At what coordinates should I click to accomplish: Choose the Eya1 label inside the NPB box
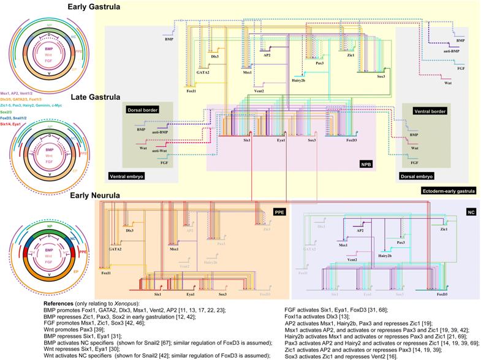[x=282, y=140]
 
